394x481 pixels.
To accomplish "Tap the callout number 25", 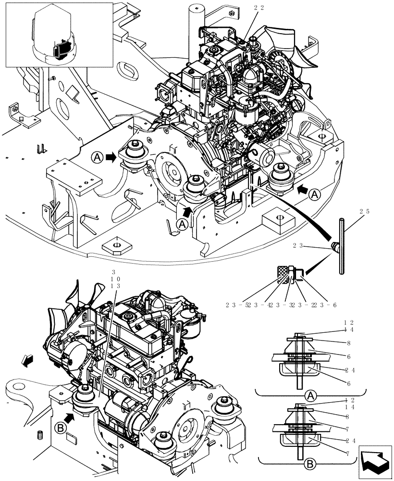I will point(364,212).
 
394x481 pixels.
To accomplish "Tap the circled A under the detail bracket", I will point(310,396).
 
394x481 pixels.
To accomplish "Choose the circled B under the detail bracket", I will point(310,464).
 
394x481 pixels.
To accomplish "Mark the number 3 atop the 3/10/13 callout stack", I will point(113,272).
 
